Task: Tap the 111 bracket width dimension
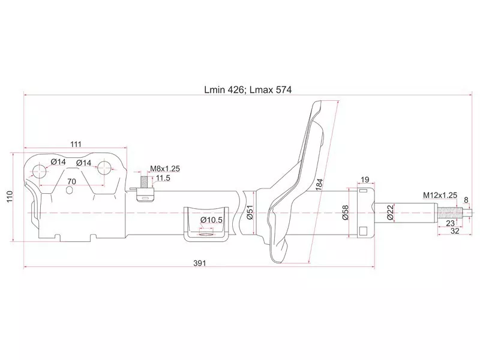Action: click(76, 144)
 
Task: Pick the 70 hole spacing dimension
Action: click(71, 181)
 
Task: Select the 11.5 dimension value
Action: click(163, 178)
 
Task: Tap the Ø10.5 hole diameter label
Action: click(211, 220)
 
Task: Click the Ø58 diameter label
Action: click(345, 212)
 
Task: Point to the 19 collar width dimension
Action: click(364, 179)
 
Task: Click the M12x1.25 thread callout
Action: click(440, 196)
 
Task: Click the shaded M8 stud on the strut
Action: click(144, 181)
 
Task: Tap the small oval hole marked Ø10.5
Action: click(206, 236)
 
